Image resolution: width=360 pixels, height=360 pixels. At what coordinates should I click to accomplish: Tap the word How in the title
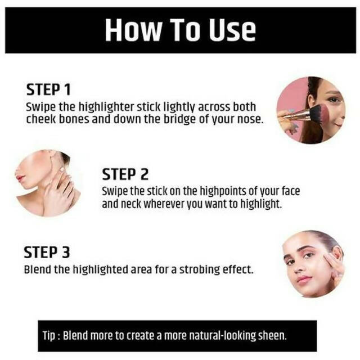(x=133, y=30)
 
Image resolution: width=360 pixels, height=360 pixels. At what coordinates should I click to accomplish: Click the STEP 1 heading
(x=48, y=89)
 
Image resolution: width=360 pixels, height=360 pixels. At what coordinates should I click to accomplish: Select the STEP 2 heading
(x=125, y=174)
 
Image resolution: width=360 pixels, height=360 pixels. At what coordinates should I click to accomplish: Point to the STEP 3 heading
(x=47, y=253)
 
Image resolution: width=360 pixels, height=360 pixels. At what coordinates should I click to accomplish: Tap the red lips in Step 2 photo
(x=19, y=177)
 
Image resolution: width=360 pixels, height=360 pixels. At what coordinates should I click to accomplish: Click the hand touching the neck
(x=60, y=190)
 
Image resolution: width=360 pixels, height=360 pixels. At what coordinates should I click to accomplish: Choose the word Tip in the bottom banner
(x=49, y=336)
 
